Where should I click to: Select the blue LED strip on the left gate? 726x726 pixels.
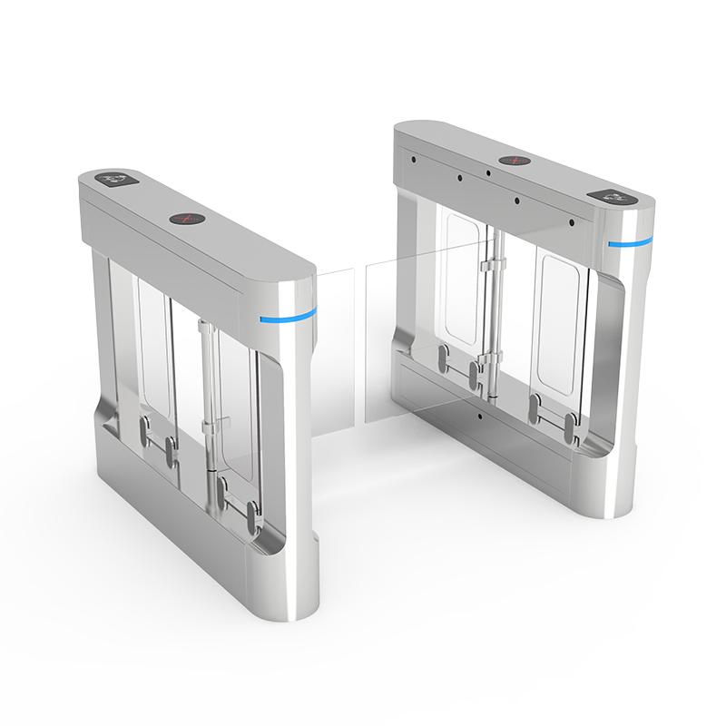pos(289,316)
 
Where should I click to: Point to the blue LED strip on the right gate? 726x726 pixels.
pos(631,242)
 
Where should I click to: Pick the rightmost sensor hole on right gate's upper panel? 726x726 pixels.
pos(572,221)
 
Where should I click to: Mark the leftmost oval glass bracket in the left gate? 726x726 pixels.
pos(143,431)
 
